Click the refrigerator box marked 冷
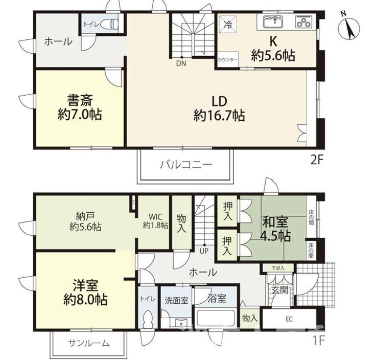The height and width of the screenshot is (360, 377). (228, 23)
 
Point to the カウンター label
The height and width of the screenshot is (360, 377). (228, 60)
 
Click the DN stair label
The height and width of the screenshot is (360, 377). (181, 63)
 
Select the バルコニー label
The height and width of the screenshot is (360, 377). (185, 165)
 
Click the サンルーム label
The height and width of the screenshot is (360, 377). (88, 343)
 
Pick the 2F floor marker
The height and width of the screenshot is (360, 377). (317, 159)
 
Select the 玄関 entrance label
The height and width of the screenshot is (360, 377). (280, 290)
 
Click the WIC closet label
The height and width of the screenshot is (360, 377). (155, 220)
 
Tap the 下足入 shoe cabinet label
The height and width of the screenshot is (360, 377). (278, 267)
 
